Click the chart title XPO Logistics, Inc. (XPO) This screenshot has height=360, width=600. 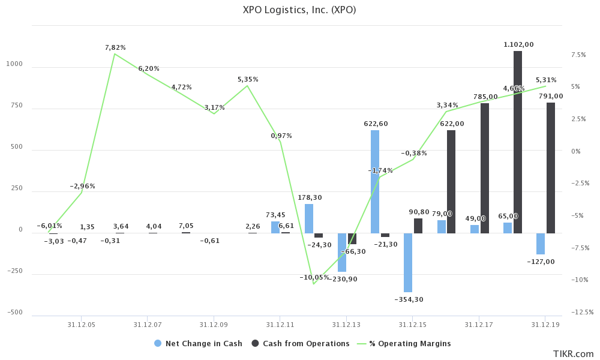(299, 10)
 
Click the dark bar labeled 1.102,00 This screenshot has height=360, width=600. (517, 142)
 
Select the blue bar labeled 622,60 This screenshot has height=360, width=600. (375, 181)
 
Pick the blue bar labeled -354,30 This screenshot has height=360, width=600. (408, 262)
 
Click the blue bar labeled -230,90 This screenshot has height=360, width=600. (342, 252)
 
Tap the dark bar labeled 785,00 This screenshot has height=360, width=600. (484, 168)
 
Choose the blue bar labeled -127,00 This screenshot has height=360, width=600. (541, 244)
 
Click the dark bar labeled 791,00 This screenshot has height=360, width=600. (551, 167)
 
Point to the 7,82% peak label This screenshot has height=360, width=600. (115, 47)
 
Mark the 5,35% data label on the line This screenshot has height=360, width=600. (248, 79)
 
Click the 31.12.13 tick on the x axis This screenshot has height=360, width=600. (346, 325)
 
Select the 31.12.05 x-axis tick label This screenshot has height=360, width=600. (81, 325)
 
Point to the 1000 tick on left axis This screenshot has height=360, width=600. (14, 64)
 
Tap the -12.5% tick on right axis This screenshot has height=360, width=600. (581, 312)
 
